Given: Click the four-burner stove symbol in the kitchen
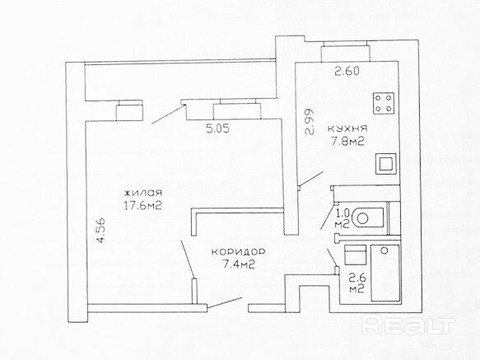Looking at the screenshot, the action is [384, 103].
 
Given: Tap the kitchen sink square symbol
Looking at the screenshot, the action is [385, 164].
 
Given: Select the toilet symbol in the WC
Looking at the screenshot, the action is [368, 217].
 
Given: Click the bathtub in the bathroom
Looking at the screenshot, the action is [385, 273].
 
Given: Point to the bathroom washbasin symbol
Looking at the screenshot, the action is [355, 255].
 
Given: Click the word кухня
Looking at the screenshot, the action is [347, 128].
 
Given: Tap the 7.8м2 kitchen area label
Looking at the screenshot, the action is [347, 142].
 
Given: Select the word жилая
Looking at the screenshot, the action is [142, 193].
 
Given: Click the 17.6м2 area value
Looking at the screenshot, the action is [142, 205].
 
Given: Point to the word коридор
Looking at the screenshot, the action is [239, 252].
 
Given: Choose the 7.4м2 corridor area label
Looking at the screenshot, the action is [239, 264].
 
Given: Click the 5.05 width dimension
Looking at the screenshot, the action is [217, 129].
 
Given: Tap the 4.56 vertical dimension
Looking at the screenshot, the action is [100, 230].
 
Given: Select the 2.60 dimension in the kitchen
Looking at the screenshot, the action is [347, 72].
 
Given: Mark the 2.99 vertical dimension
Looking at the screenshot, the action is [310, 122].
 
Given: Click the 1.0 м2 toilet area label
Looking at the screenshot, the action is [343, 218].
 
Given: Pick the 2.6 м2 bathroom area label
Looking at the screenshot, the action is [357, 283].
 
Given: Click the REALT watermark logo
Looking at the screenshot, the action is [408, 325].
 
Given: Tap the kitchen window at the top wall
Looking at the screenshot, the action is [345, 51].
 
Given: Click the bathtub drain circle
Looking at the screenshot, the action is [384, 250].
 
